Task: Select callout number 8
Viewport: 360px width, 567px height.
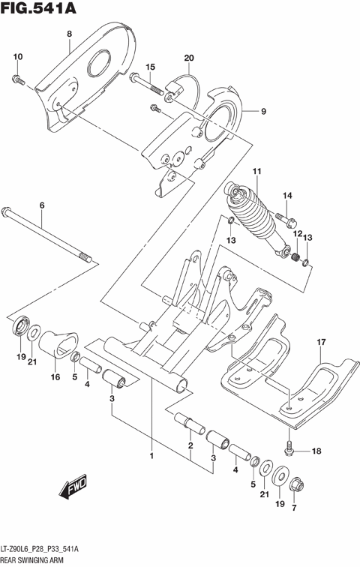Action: pyautogui.click(x=69, y=34)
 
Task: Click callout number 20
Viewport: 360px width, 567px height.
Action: pyautogui.click(x=188, y=58)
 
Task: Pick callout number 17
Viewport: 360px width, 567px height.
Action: pyautogui.click(x=320, y=343)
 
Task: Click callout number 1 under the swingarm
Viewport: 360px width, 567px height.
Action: pyautogui.click(x=151, y=455)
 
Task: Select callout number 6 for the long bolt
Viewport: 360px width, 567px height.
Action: pyautogui.click(x=42, y=205)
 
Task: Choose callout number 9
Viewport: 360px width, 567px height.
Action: pyautogui.click(x=263, y=112)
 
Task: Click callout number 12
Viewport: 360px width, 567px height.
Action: pyautogui.click(x=296, y=235)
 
